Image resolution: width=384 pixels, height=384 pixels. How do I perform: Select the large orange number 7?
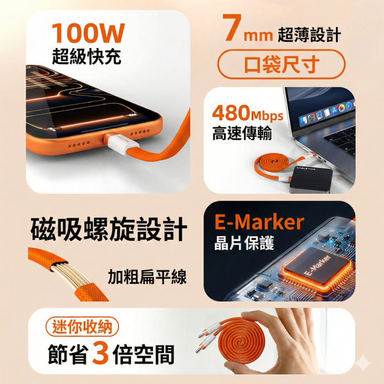232,30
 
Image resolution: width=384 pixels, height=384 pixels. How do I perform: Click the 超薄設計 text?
308,34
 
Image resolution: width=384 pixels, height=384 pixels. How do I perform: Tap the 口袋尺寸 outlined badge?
282,65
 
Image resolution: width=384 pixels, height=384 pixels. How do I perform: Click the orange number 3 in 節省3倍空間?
99,355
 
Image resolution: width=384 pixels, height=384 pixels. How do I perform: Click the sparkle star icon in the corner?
363,363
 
